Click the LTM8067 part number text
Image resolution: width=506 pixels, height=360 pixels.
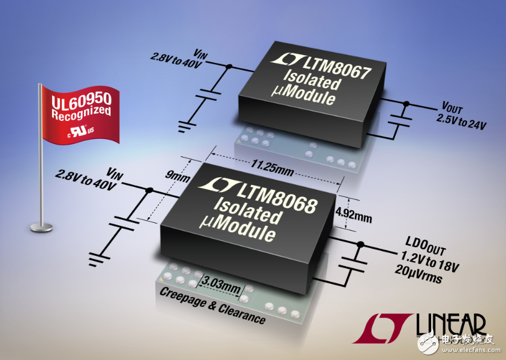coord(336,68)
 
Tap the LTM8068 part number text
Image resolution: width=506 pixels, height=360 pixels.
coord(276,198)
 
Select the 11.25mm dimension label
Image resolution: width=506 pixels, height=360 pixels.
coord(272,168)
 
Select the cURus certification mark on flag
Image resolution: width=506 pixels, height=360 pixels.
coord(81,132)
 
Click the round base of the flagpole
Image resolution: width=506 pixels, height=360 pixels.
coord(41,228)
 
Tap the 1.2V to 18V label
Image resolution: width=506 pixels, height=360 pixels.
coord(429,262)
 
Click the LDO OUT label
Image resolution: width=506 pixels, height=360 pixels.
coord(427,247)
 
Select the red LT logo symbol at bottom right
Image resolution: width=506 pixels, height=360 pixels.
coord(382,328)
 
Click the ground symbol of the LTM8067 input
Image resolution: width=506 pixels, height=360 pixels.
coord(186,126)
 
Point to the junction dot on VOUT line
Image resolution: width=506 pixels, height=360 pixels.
coord(406,104)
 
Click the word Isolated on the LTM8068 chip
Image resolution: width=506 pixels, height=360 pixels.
coord(246,211)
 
